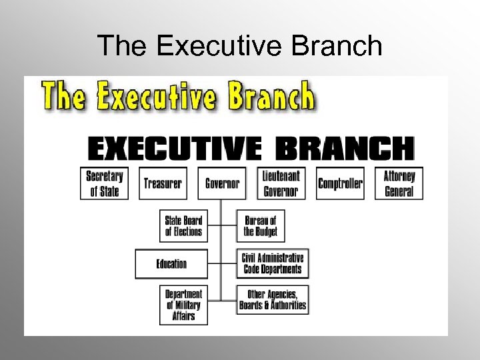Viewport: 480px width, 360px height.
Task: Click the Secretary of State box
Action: coord(104,183)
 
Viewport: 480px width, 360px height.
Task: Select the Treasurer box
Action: coord(163,183)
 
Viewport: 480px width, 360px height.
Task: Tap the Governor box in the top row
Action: coord(222,183)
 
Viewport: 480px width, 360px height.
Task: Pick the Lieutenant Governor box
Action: coord(281,183)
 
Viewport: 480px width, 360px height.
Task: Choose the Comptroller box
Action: coord(340,183)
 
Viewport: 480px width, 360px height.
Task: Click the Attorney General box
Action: coord(399,183)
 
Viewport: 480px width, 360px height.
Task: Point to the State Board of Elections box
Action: coord(183,225)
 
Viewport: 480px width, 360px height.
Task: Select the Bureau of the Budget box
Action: coord(261,225)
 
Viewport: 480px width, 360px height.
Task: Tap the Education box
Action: coord(171,264)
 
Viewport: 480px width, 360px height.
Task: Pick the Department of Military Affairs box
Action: coord(183,305)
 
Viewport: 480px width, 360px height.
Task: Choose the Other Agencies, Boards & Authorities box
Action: coord(273,300)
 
